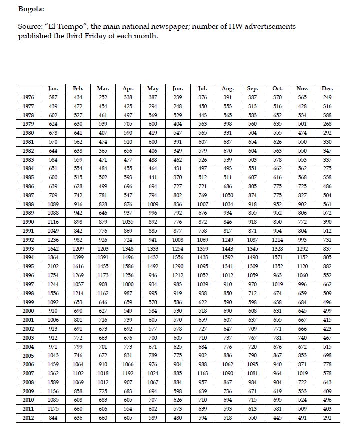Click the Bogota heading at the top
click(31, 9)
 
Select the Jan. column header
click(53, 88)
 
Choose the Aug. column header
click(227, 88)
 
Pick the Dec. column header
click(327, 88)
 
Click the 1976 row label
click(28, 97)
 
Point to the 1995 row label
click(28, 266)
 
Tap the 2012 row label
click(28, 417)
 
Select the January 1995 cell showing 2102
click(53, 266)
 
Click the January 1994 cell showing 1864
click(53, 257)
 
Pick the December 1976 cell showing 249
click(327, 97)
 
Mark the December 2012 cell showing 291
click(327, 417)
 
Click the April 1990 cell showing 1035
click(128, 222)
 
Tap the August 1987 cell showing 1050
click(227, 195)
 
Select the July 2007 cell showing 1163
click(203, 373)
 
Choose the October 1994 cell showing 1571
click(277, 257)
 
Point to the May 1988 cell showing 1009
click(153, 204)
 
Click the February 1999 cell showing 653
click(78, 302)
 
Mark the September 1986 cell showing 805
click(252, 186)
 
